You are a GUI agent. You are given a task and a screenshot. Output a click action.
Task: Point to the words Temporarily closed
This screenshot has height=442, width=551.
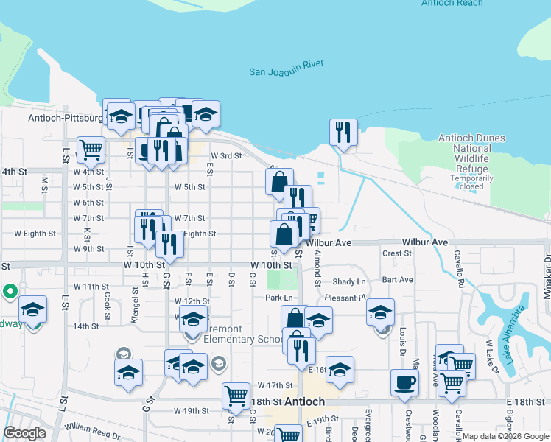[472, 182]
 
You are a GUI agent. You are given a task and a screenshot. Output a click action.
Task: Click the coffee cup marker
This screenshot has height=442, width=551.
[404, 383]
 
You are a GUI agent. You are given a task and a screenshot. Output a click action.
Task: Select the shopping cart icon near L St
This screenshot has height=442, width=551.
[91, 150]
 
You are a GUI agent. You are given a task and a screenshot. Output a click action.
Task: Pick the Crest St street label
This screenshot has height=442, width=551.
[397, 253]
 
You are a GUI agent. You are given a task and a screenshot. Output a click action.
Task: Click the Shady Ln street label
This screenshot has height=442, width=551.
[349, 282]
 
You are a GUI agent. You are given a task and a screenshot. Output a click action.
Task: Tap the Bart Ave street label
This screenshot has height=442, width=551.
[398, 280]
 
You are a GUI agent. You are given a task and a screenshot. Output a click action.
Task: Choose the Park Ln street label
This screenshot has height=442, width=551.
[279, 298]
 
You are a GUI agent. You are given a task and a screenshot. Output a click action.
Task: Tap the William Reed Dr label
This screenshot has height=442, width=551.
[92, 427]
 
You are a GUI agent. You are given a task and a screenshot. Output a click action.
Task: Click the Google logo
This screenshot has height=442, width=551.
[24, 432]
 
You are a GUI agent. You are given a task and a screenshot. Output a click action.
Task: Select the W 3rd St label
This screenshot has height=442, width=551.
[226, 156]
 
